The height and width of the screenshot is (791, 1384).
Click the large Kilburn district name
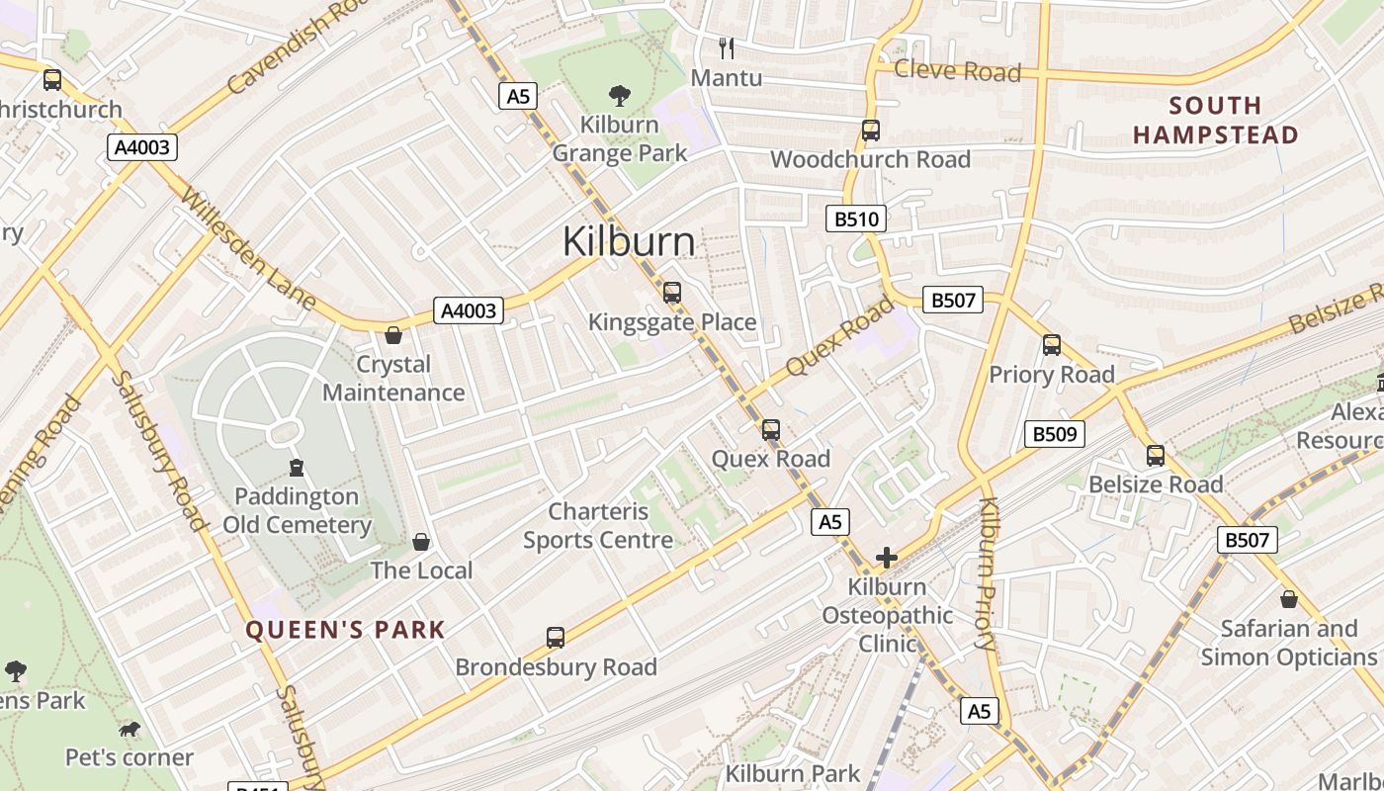click(x=629, y=242)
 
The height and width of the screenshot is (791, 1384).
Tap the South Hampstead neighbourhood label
click(x=1215, y=120)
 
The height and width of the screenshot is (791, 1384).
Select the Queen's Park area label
click(x=345, y=630)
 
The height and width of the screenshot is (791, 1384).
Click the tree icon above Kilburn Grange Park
click(x=620, y=96)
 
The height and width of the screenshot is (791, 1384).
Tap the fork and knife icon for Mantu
click(x=727, y=48)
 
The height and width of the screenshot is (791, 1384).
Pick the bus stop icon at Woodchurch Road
click(x=870, y=131)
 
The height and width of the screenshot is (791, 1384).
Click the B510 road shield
click(x=856, y=219)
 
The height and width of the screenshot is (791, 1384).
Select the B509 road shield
click(x=1055, y=434)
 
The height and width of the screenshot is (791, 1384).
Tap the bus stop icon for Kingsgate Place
click(x=672, y=293)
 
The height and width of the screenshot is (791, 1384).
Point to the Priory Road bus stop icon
click(x=1052, y=345)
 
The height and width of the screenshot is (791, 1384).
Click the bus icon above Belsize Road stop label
click(x=1156, y=456)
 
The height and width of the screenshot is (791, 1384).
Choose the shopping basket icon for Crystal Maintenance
click(x=393, y=336)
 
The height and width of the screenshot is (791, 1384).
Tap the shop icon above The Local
click(x=421, y=542)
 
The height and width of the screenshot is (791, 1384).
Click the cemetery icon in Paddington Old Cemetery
click(x=297, y=467)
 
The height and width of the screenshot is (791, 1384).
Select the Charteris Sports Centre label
click(x=598, y=526)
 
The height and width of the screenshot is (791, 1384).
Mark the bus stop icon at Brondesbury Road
click(x=556, y=638)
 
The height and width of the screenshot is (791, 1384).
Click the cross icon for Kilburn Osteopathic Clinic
click(x=887, y=558)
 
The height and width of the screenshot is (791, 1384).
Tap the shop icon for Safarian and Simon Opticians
click(x=1288, y=599)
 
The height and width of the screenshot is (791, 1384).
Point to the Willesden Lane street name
click(x=247, y=247)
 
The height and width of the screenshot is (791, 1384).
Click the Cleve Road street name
click(x=957, y=71)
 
